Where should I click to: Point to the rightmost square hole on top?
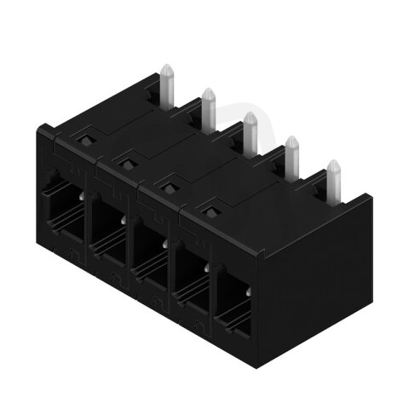210,204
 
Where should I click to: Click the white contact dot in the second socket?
124,220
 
